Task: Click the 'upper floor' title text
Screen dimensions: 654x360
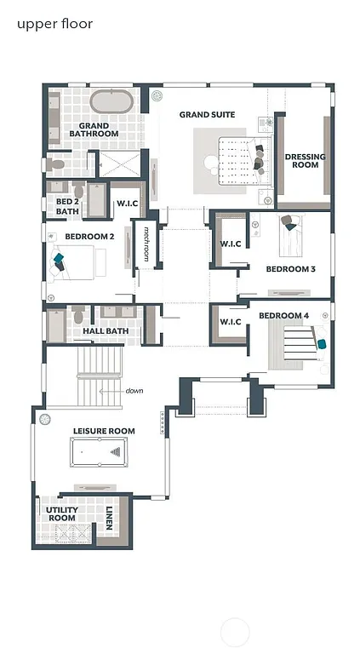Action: tap(54, 24)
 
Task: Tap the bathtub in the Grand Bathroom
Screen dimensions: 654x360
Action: tap(111, 103)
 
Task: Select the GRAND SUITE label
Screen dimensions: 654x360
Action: tap(207, 114)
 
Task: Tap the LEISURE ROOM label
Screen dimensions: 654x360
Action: tap(103, 431)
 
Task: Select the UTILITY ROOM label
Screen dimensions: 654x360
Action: tap(62, 513)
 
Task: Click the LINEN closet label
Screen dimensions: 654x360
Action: tap(109, 518)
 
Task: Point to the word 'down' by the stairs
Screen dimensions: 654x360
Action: tap(134, 391)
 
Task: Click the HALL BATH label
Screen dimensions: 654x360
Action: tap(106, 330)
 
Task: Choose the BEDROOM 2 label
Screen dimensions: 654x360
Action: tap(89, 236)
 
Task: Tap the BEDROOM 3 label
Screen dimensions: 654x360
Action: tap(290, 269)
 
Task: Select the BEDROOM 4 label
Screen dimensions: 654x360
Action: tap(283, 316)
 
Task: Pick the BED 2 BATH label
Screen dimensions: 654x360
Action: tap(67, 206)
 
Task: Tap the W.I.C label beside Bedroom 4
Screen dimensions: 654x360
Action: tap(231, 321)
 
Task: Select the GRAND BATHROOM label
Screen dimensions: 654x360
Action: tap(93, 129)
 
